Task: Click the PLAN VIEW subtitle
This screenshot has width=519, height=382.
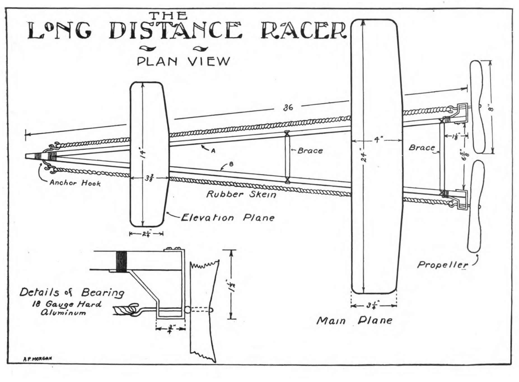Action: (183, 61)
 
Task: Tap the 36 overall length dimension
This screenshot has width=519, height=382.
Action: (288, 108)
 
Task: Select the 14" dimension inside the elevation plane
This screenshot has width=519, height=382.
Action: (143, 153)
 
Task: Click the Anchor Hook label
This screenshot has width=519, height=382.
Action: (75, 183)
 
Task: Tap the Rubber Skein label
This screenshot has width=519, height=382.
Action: (241, 194)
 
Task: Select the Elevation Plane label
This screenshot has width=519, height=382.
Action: (227, 218)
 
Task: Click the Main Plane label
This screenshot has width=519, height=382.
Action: (354, 320)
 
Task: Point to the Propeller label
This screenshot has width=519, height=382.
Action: (442, 265)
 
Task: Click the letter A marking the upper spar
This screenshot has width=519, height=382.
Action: (213, 151)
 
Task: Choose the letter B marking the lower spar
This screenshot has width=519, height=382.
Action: (231, 164)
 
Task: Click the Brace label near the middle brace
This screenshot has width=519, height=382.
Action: (310, 151)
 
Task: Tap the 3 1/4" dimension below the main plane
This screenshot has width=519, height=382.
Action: (373, 306)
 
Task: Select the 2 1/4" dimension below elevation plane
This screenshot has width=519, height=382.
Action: (146, 234)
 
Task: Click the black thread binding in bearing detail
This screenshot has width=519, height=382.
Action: (121, 262)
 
